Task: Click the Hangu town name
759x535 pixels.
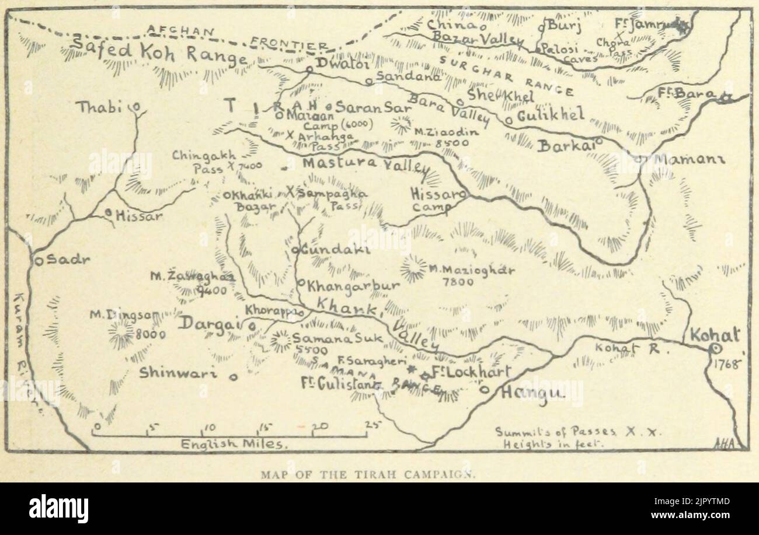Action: point(531,394)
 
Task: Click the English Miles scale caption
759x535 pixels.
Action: point(232,444)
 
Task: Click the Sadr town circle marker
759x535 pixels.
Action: point(38,261)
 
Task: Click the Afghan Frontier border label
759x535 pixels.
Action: point(234,36)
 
